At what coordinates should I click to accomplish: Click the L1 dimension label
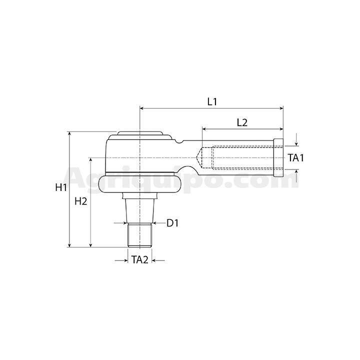coord(212,101)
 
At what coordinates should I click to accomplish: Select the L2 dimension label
coord(242,122)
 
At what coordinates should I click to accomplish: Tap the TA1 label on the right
coord(296,158)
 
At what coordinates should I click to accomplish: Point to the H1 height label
coord(61,187)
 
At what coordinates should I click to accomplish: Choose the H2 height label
coord(81,201)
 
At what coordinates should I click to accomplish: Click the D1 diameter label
coord(172,223)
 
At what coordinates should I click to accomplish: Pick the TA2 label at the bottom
coord(140,260)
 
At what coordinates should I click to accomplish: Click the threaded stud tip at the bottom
coord(139,235)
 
